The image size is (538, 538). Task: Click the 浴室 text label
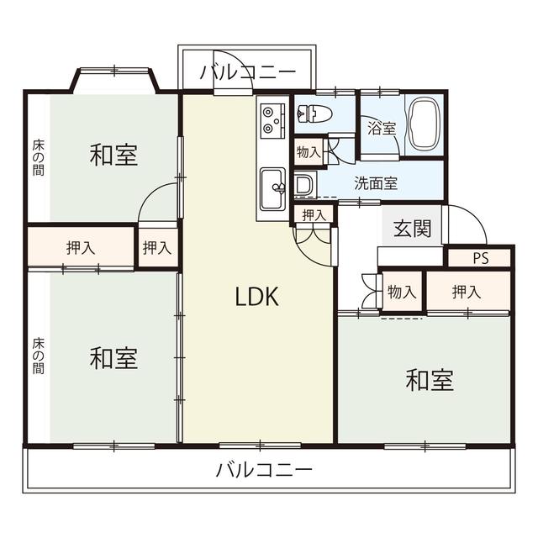(x=381, y=129)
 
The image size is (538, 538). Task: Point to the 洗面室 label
(x=375, y=182)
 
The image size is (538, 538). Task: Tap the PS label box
(x=479, y=258)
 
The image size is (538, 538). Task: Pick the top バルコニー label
(x=248, y=73)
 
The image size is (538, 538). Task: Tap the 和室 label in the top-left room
(x=113, y=155)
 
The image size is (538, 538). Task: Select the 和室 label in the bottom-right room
(x=430, y=381)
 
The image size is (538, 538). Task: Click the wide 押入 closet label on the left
(x=81, y=247)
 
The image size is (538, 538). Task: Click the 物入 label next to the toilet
(x=308, y=152)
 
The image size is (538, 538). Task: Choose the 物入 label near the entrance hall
(x=402, y=292)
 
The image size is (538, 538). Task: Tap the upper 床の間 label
(x=39, y=157)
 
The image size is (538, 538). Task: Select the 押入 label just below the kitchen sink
(x=314, y=215)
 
